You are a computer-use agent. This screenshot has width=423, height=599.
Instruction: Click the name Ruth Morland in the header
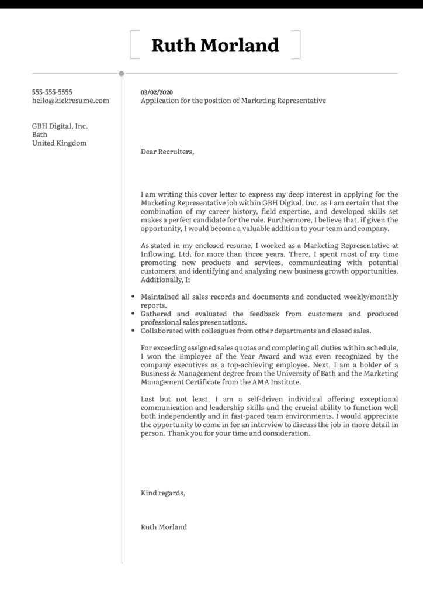coord(215,45)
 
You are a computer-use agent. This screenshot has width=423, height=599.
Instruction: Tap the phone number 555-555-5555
coord(52,92)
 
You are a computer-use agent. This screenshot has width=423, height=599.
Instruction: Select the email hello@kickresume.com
coord(70,101)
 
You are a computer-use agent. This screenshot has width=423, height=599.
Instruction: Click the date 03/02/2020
coord(157,92)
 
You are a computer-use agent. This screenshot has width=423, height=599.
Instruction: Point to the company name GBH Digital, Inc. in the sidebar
coord(60,126)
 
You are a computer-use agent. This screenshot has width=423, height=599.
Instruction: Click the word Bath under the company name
coord(40,135)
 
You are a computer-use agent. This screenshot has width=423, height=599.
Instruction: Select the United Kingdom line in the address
coord(59,143)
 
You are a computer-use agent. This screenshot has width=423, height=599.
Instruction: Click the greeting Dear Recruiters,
coord(167,152)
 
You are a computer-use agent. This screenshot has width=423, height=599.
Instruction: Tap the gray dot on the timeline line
coord(122,74)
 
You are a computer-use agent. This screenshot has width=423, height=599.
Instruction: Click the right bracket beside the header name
coord(297,45)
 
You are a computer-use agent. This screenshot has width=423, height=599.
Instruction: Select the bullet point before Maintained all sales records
coord(133,297)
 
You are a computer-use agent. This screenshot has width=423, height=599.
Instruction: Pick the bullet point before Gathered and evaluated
coord(133,314)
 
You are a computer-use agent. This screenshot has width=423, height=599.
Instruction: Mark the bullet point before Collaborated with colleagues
coord(133,331)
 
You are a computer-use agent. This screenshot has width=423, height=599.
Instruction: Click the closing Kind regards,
coord(163,493)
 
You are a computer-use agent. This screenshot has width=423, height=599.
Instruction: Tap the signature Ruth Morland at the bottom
coord(164,527)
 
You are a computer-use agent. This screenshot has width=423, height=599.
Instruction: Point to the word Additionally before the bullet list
coord(161,280)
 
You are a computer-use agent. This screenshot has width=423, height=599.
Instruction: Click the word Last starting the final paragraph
coord(148,399)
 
